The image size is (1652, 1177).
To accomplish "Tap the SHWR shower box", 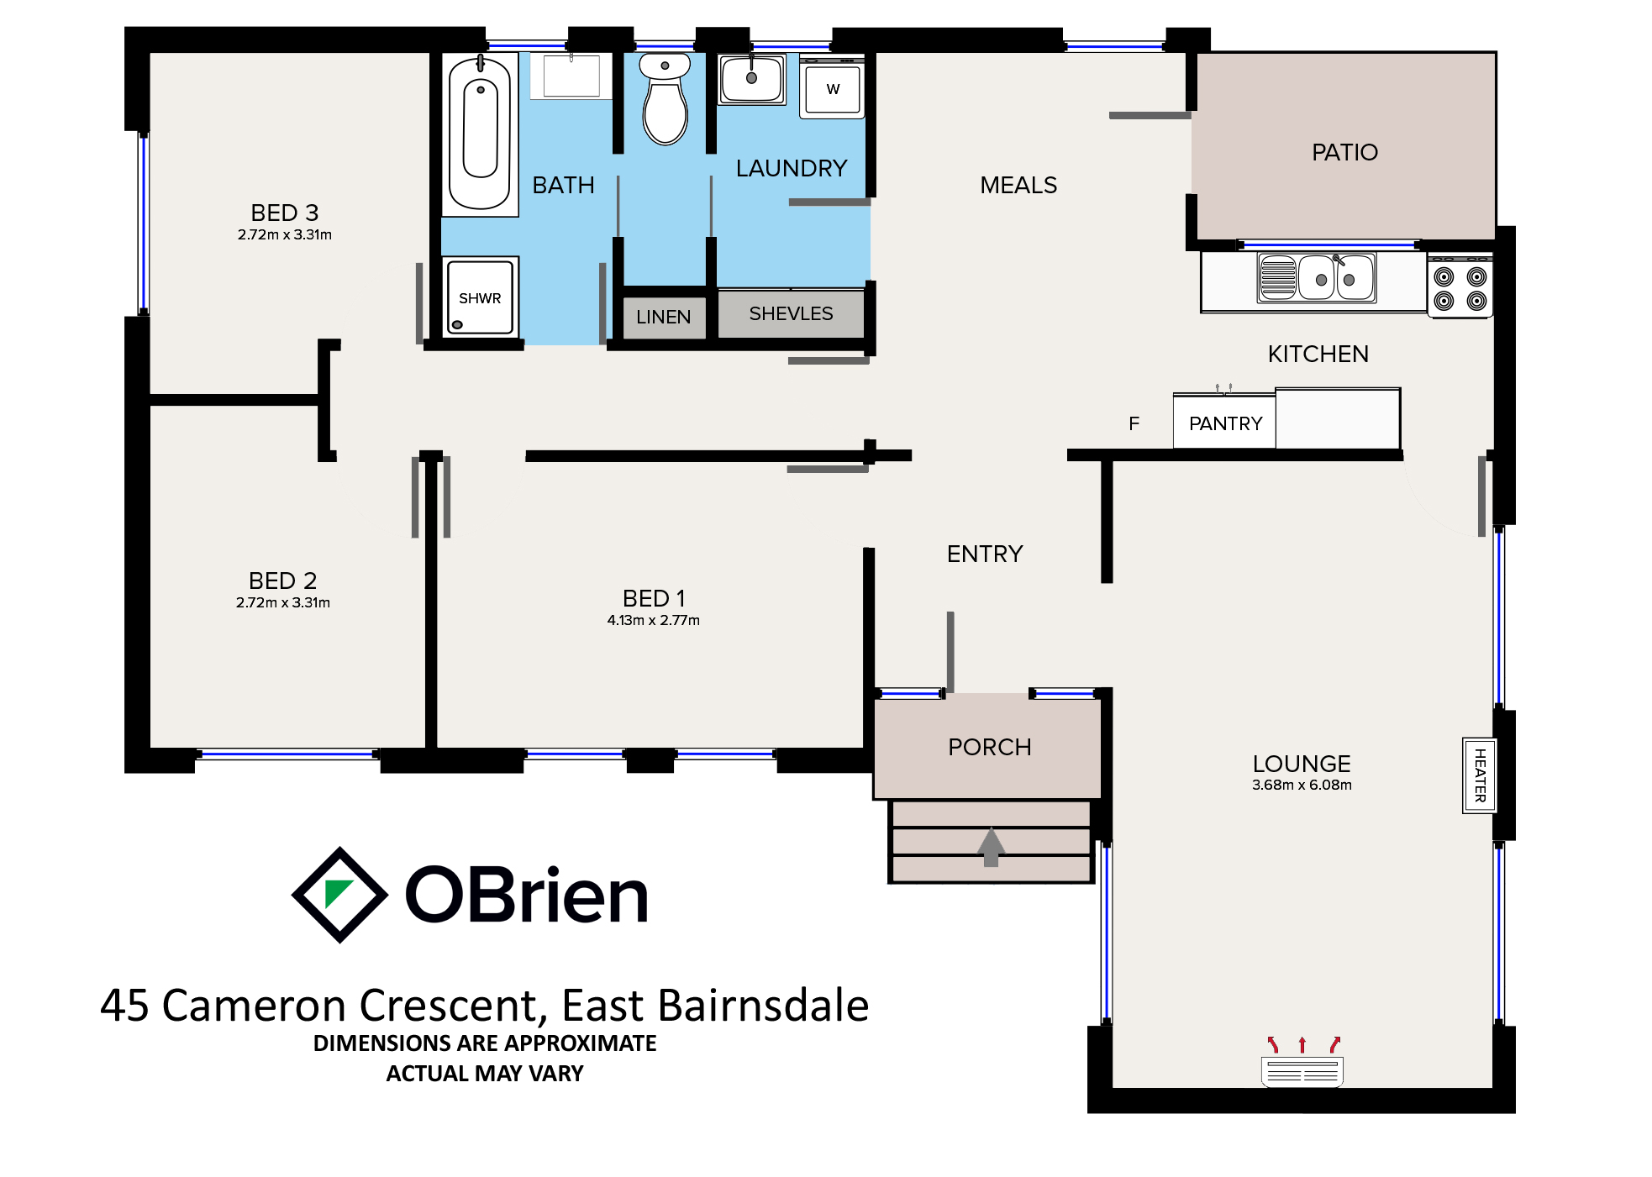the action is [x=480, y=297].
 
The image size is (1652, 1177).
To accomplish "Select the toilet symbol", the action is [x=665, y=98].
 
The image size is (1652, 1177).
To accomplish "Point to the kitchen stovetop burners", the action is [x=1460, y=287].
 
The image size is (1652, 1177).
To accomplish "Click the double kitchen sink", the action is [x=1317, y=277].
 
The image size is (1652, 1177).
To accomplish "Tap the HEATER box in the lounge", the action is [x=1479, y=775].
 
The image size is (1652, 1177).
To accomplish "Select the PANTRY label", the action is [x=1225, y=423].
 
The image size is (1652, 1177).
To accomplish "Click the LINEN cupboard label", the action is [x=663, y=317].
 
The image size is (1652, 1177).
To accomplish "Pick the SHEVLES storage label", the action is [x=791, y=313].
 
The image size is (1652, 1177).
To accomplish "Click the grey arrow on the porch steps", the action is [x=992, y=847].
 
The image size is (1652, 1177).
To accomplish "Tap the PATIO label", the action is [x=1344, y=152].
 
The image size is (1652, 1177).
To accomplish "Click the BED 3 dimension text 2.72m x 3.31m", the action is [x=284, y=234].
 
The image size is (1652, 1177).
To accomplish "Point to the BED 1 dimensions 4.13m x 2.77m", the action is [x=653, y=620].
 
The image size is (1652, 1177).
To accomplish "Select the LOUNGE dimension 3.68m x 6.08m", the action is [x=1302, y=785].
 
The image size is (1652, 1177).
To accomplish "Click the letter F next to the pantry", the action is [x=1134, y=423].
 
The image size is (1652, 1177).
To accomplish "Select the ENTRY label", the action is [x=985, y=554].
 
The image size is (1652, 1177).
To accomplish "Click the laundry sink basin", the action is [x=752, y=79].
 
